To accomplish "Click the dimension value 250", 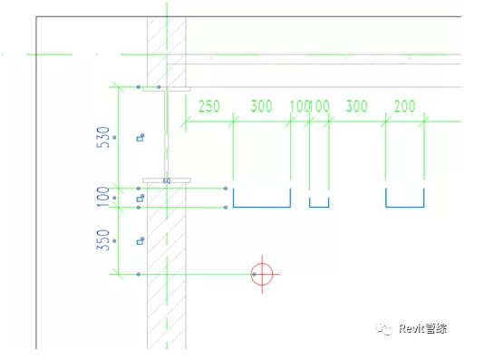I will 208,106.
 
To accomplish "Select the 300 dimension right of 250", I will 261,106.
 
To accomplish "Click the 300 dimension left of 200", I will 356,106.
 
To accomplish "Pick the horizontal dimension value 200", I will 404,106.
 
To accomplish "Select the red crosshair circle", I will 262,274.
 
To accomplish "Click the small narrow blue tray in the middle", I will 318,202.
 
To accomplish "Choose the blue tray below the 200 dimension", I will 404,199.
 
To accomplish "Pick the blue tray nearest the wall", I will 261,199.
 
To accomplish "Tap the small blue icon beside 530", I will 140,138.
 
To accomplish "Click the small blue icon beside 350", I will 140,240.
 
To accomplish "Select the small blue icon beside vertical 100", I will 140,198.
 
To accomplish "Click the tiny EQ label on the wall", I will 167,181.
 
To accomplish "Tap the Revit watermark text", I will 422,331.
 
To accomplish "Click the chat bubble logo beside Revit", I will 386,331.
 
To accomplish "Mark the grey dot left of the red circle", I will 138,274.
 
